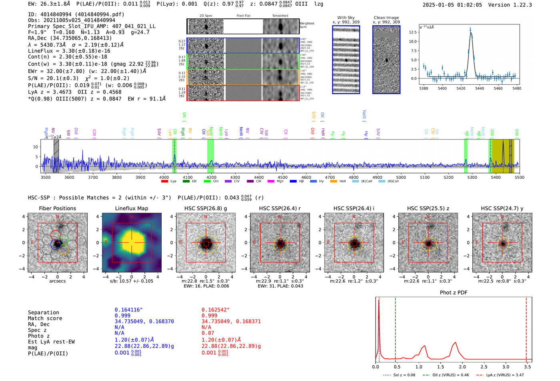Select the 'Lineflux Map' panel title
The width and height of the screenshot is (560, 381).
pos(132,208)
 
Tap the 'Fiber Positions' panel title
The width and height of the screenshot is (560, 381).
pos(57,208)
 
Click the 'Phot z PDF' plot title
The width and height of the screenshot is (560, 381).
pos(454,292)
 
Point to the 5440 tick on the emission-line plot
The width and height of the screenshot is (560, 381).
pos(480,88)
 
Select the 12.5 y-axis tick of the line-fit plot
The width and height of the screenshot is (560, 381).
pos(413,32)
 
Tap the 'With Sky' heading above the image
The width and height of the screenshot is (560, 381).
pos(346,18)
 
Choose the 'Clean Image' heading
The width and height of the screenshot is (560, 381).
pos(386,18)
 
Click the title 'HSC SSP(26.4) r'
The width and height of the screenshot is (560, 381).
pos(280,208)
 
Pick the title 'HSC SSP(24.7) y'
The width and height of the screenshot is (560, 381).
pos(502,208)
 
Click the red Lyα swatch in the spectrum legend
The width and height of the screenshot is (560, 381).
pos(164,182)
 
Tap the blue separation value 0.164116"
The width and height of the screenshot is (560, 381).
pos(129,310)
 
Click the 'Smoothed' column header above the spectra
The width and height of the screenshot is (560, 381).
pos(280,16)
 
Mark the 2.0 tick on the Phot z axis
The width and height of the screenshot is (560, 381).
pos(462,367)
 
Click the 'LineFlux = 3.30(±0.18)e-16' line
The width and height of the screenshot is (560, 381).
pos(69,51)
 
